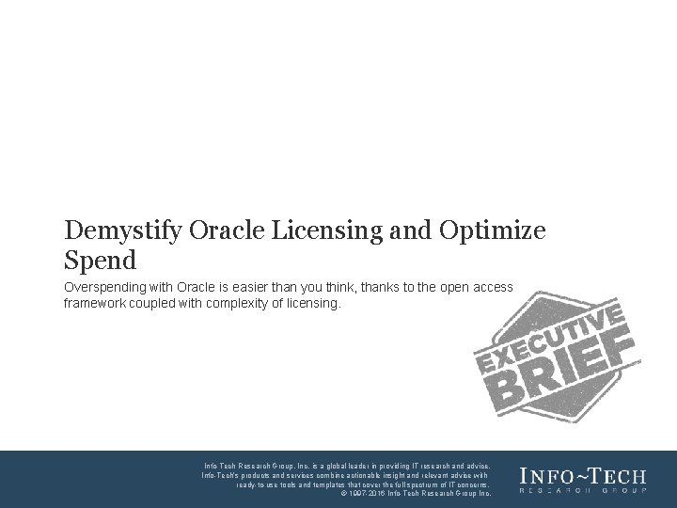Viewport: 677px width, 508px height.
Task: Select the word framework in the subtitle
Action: point(98,304)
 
